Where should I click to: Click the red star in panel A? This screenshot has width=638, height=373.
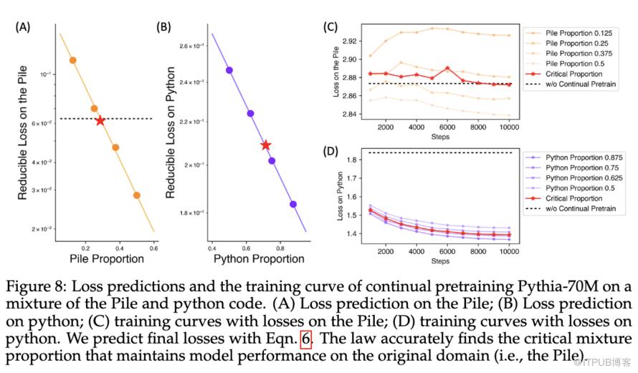[100, 121]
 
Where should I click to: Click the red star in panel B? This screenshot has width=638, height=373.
[266, 145]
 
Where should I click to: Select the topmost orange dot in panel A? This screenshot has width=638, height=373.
[72, 61]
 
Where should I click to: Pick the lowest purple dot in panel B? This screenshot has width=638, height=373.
[293, 204]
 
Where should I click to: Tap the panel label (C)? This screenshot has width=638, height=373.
[331, 28]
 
